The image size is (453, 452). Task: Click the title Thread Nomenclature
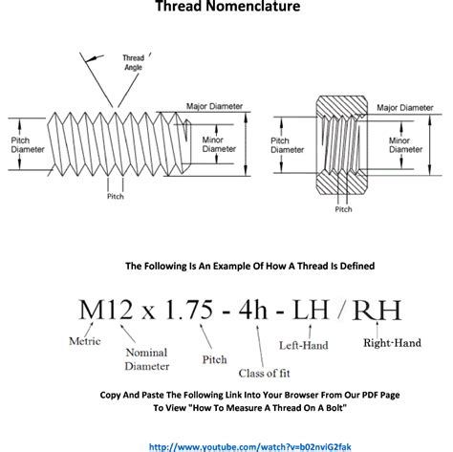coord(227,6)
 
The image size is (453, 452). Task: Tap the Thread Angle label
coord(134,62)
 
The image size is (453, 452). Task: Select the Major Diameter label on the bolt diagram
coord(214,106)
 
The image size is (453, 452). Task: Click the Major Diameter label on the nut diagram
coord(405,108)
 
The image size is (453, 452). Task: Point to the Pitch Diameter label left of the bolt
coord(28,145)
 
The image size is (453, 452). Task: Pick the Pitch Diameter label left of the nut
coord(288,145)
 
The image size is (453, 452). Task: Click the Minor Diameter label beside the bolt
coord(219,144)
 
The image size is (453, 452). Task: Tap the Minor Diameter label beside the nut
coord(406,145)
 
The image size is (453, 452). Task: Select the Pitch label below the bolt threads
coord(116,196)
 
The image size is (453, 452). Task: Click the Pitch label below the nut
coord(343,209)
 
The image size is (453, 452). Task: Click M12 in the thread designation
coord(106,310)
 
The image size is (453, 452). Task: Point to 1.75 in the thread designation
coord(189,310)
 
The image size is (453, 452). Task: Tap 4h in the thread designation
coord(253,310)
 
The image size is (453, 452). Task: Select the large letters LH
coord(311,310)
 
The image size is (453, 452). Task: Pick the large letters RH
coord(377,310)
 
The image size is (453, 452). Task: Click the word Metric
coord(85,341)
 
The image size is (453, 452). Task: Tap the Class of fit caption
coord(265,373)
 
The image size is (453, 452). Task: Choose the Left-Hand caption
coord(304,345)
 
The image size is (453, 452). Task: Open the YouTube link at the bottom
coord(250,447)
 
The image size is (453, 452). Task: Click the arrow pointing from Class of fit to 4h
coord(260,346)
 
